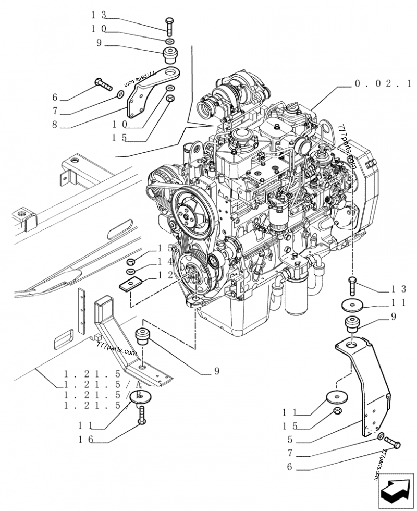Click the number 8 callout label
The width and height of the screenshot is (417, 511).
point(55,125)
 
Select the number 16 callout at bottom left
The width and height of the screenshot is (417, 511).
point(86,440)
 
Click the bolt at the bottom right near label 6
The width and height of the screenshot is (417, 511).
point(395,444)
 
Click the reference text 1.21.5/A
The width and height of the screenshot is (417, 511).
point(102,384)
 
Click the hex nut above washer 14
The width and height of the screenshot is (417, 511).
point(131,262)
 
